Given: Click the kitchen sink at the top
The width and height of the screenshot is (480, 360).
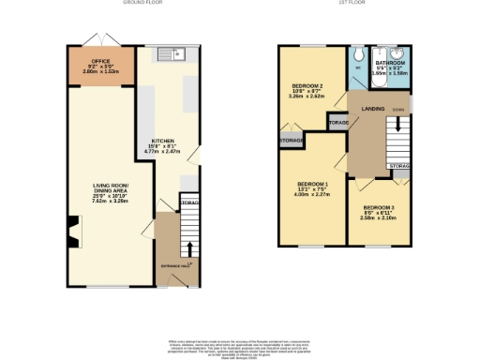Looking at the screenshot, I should pyautogui.click(x=173, y=53).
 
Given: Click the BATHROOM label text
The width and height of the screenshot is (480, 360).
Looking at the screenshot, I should pyautogui.click(x=386, y=60).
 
